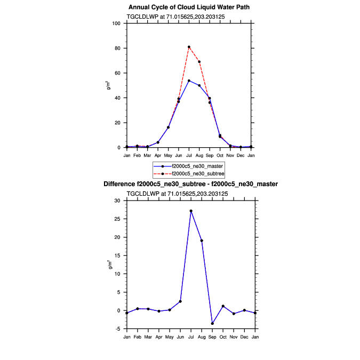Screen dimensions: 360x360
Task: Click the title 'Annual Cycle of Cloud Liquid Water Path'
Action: (189, 7)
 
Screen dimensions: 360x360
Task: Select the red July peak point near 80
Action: (189, 47)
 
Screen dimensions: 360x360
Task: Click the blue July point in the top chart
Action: (189, 81)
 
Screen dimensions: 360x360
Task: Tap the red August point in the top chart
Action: (199, 62)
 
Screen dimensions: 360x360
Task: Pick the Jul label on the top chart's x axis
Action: (189, 155)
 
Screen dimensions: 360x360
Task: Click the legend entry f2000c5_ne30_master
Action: (194, 166)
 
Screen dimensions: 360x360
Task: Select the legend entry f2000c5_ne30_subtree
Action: (195, 174)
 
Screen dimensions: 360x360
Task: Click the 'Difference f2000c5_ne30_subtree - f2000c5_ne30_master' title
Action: (190, 184)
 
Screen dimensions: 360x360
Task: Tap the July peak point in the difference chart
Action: (191, 211)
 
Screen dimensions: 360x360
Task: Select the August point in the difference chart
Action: (202, 241)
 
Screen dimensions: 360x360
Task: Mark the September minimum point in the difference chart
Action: (212, 323)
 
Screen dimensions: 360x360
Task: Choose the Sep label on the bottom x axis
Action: (212, 337)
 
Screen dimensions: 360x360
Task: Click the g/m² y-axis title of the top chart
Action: (109, 85)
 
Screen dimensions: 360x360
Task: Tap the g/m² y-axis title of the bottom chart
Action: (109, 265)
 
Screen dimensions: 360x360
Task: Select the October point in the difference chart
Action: (223, 306)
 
